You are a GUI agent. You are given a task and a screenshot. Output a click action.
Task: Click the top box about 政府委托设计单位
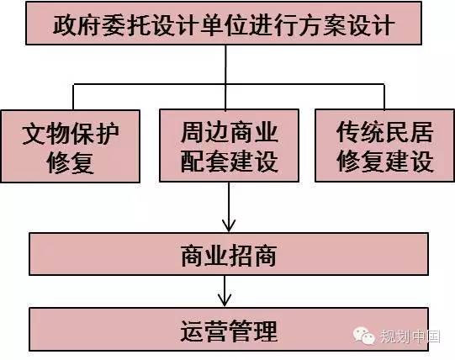tap(224, 24)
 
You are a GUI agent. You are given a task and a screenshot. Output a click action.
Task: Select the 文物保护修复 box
tap(71, 146)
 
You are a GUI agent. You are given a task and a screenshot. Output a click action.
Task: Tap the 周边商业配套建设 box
tap(230, 146)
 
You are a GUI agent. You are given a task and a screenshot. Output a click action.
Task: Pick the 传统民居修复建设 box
tap(385, 146)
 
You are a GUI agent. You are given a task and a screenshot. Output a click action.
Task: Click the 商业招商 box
tap(229, 254)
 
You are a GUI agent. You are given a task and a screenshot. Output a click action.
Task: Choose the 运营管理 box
tap(229, 329)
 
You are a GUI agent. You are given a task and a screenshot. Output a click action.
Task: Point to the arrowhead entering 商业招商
tap(229, 226)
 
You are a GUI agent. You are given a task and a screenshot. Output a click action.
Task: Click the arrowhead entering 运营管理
tap(225, 300)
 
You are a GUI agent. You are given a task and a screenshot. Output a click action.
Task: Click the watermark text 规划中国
tap(410, 336)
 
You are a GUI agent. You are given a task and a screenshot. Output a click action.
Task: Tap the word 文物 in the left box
tap(46, 134)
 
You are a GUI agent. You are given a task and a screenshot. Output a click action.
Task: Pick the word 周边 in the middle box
tap(205, 132)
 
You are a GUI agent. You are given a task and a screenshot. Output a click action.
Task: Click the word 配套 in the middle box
tap(205, 161)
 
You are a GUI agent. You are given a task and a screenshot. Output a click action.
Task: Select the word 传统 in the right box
tap(361, 132)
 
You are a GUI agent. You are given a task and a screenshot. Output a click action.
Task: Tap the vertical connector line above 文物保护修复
tap(73, 97)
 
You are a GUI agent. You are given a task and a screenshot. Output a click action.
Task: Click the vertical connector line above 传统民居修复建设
tap(384, 97)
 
